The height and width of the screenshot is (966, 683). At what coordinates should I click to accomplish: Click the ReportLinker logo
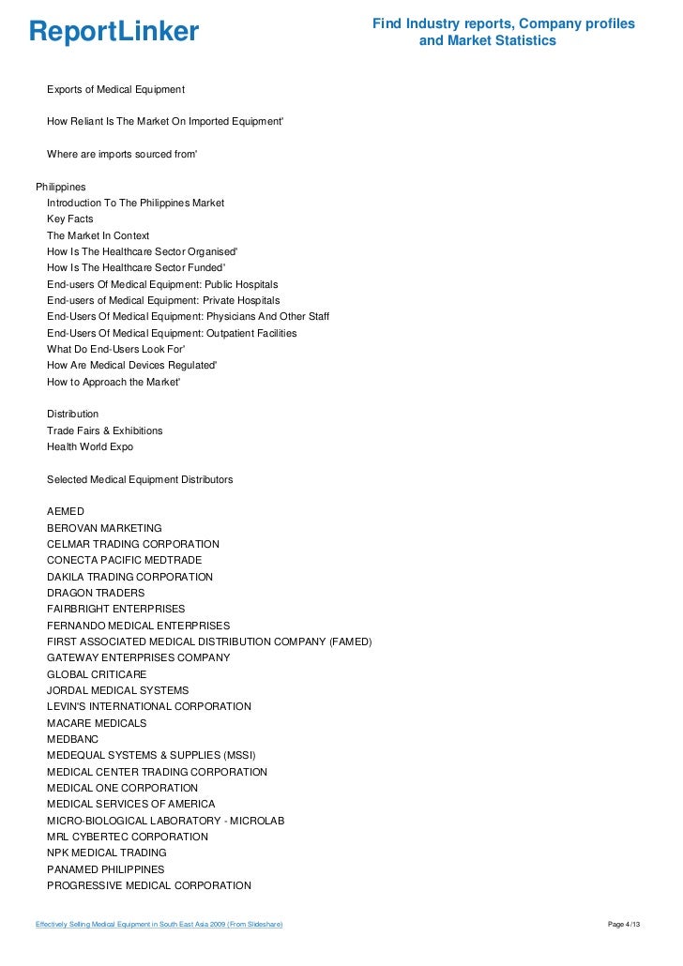click(114, 32)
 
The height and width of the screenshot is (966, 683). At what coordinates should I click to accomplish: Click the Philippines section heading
click(60, 187)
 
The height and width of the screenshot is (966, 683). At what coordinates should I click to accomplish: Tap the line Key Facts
click(69, 219)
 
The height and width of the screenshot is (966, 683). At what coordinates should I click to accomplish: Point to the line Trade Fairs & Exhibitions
click(104, 430)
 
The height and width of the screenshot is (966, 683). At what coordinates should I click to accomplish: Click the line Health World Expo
click(90, 446)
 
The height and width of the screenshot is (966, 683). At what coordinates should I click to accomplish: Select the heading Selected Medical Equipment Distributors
click(140, 479)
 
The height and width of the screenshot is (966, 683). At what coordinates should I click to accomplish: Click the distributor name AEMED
click(66, 511)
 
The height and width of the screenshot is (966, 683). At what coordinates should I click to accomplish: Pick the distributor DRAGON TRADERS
click(96, 593)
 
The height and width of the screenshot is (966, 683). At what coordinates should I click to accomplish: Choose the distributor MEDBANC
click(72, 739)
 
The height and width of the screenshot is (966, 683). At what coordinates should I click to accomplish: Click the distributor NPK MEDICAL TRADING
click(107, 853)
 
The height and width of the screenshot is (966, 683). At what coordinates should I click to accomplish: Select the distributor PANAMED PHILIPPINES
click(105, 869)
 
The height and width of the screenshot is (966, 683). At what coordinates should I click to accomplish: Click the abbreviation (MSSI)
click(239, 755)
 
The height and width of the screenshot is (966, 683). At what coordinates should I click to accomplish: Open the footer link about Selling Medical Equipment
click(159, 926)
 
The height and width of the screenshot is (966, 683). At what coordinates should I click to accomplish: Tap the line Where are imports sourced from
click(122, 153)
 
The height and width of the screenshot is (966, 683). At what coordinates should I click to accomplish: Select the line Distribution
click(72, 414)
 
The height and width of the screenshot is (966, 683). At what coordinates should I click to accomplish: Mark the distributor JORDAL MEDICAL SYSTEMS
click(117, 690)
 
